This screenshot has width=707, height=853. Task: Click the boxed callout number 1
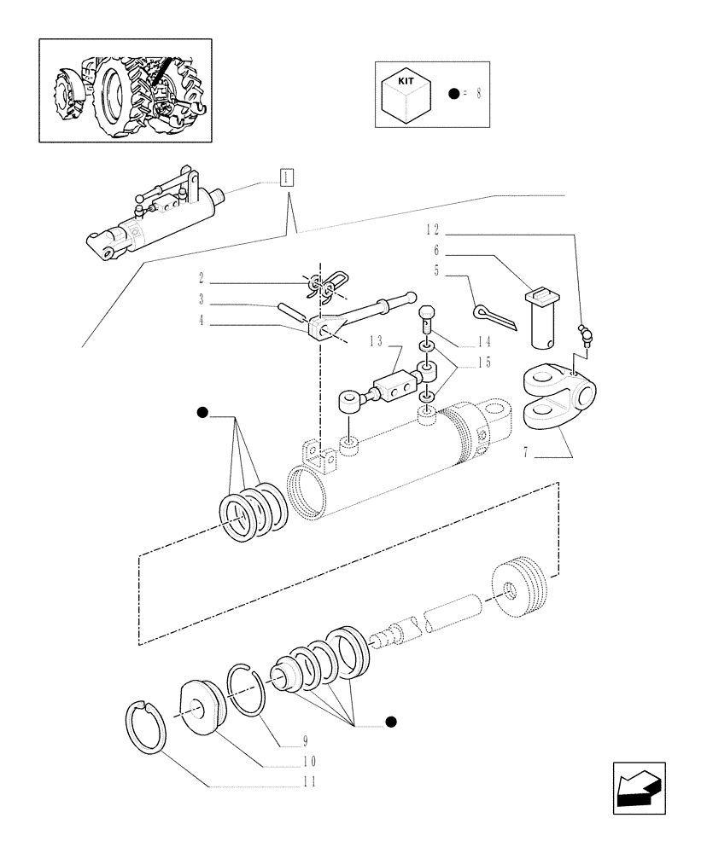pos(286,177)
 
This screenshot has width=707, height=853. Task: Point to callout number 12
pos(433,230)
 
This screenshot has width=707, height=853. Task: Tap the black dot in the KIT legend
pos(453,93)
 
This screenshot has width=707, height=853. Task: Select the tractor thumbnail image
pos(124,90)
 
